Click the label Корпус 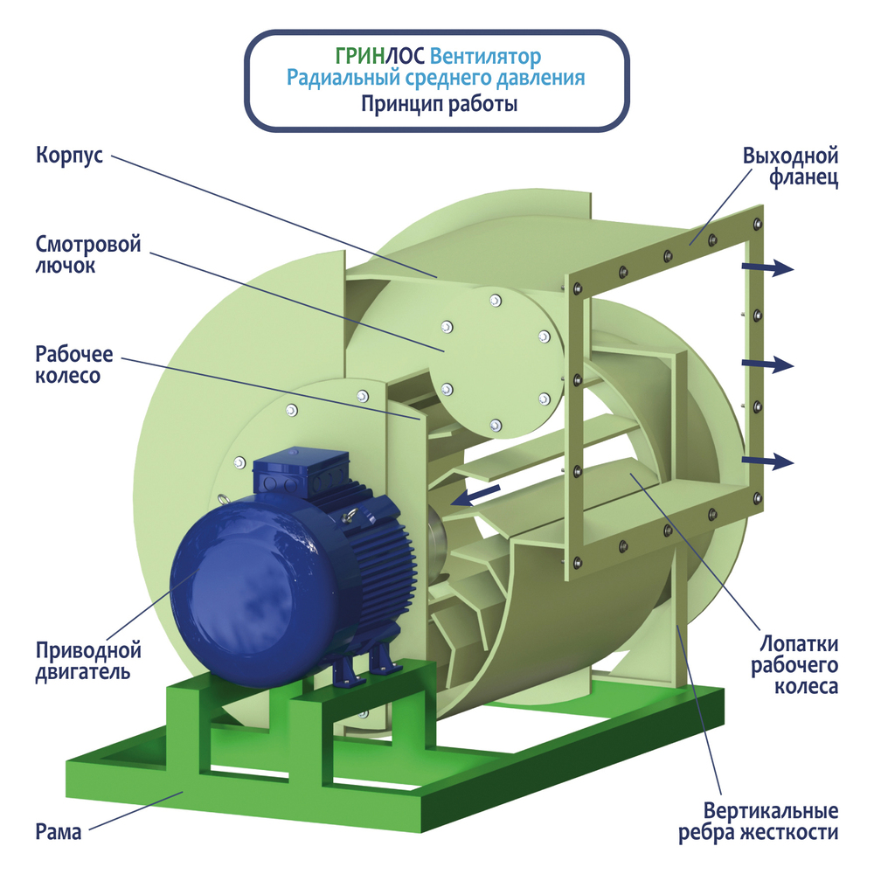[x=70, y=156]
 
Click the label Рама [x=59, y=831]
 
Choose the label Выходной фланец [x=790, y=168]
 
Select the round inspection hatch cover [x=489, y=358]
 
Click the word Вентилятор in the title [x=487, y=57]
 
